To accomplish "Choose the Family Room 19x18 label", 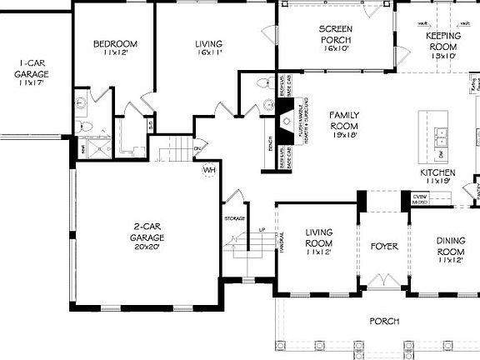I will pos(343,124).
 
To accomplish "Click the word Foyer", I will pos(384,247).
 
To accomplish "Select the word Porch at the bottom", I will pos(384,321).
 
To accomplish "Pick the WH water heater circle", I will pos(209,170).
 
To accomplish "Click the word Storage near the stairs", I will pos(234,218).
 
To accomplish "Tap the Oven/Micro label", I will pos(420,198).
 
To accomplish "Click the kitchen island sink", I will pos(440,134).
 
